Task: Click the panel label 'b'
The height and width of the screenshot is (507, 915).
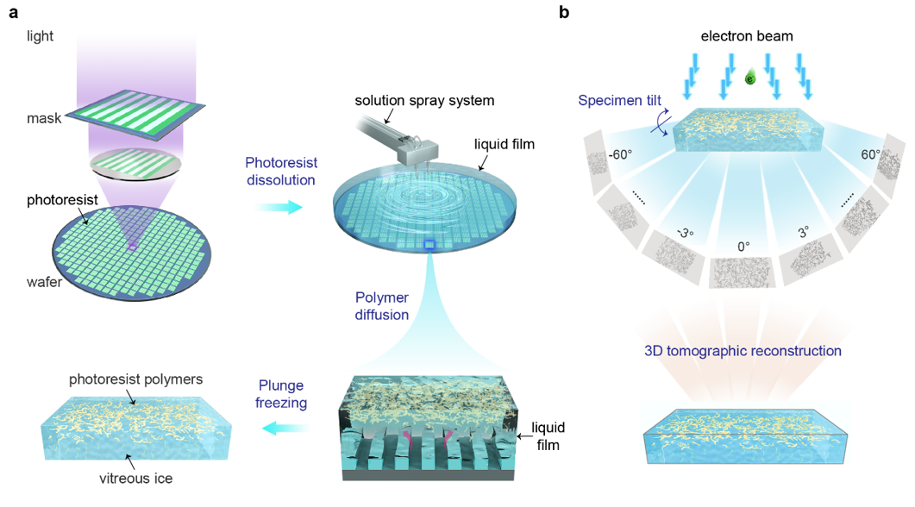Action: (564, 12)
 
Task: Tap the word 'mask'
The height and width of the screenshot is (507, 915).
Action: (44, 118)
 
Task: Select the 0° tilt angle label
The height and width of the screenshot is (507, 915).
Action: (743, 246)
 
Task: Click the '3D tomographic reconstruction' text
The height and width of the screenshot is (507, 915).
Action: (743, 351)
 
